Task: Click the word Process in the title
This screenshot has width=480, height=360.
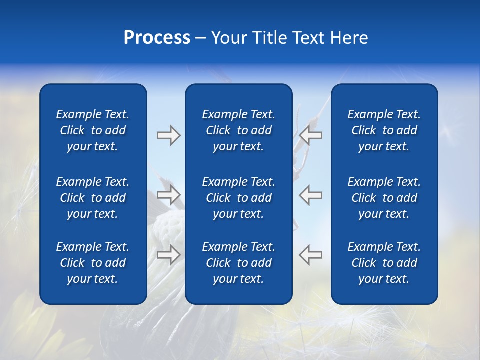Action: (x=157, y=38)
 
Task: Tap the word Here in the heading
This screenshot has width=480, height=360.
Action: (x=349, y=38)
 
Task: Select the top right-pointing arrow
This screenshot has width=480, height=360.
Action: (x=168, y=135)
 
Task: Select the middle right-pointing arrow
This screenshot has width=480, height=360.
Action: (x=168, y=195)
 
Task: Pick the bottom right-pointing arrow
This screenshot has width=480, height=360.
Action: (x=168, y=255)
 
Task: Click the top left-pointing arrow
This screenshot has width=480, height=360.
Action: (x=310, y=135)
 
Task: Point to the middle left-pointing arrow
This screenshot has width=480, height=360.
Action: (x=310, y=195)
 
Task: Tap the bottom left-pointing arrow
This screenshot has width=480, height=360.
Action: (x=310, y=255)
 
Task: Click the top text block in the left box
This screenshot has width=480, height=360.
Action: (x=93, y=130)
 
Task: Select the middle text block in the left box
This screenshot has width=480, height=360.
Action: (x=93, y=198)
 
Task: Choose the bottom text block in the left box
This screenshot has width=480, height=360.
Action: (x=93, y=263)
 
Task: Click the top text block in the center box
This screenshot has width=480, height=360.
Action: (x=238, y=130)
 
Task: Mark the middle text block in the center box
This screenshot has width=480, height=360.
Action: (x=238, y=198)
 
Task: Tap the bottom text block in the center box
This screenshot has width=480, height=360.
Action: (x=238, y=263)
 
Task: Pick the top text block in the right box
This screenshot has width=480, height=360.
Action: (x=384, y=130)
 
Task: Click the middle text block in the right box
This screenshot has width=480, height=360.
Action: (x=384, y=198)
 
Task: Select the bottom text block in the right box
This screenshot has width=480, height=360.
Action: (x=384, y=263)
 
